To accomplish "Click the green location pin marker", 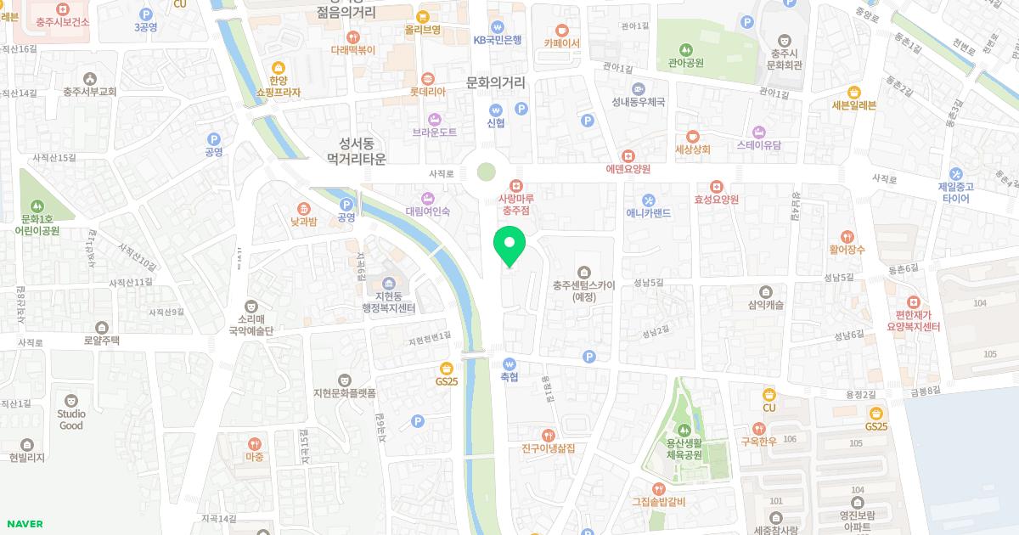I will (x=509, y=245).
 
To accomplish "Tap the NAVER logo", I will (x=25, y=524).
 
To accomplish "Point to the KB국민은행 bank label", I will (x=497, y=39).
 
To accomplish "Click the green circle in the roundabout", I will (x=486, y=172).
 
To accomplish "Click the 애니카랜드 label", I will (x=648, y=212).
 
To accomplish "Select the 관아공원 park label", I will (x=686, y=62).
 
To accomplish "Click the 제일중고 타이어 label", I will (x=955, y=192).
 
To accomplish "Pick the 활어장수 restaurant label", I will (x=847, y=249).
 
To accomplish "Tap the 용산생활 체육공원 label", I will (x=684, y=448).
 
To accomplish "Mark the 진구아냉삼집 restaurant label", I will (x=548, y=448).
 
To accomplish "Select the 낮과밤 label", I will (x=303, y=221).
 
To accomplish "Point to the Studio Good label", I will (x=71, y=419).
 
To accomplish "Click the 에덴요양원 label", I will (x=628, y=168).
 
